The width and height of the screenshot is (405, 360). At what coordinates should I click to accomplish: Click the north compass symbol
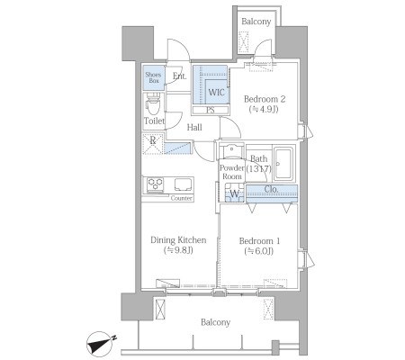pyautogui.click(x=100, y=344)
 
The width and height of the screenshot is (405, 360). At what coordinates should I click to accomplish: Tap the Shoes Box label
pyautogui.click(x=153, y=77)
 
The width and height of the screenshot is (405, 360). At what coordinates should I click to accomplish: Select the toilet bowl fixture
pyautogui.click(x=153, y=104)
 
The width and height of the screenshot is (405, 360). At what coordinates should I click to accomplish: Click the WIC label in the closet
pyautogui.click(x=216, y=92)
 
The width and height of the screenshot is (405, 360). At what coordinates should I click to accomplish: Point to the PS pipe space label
pyautogui.click(x=211, y=110)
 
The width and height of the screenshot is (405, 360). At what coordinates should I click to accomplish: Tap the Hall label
pyautogui.click(x=194, y=128)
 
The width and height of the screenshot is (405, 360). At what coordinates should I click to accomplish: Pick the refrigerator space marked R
pyautogui.click(x=153, y=144)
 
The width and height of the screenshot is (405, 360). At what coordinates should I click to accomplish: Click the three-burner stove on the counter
pyautogui.click(x=155, y=184)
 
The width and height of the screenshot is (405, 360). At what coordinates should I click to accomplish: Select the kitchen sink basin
pyautogui.click(x=183, y=184)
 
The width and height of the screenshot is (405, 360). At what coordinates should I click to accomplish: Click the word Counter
pyautogui.click(x=182, y=198)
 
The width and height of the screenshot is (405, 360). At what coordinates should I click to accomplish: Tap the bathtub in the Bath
pyautogui.click(x=283, y=164)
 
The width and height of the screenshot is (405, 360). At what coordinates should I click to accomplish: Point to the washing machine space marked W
pyautogui.click(x=234, y=193)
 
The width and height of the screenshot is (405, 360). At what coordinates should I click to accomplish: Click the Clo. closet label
pyautogui.click(x=271, y=190)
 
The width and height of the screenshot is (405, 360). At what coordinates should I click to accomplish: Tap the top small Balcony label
pyautogui.click(x=256, y=22)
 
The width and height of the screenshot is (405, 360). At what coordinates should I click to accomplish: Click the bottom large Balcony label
pyautogui.click(x=216, y=322)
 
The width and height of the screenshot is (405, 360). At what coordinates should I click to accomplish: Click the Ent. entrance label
pyautogui.click(x=179, y=76)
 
